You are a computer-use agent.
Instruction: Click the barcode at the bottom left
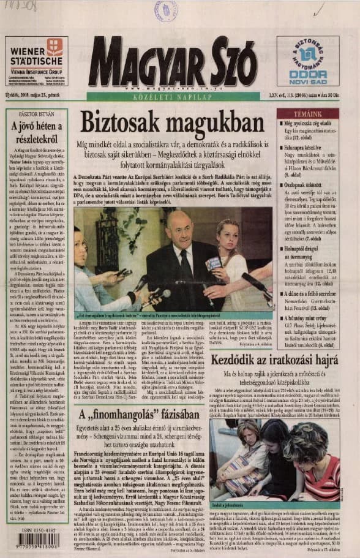click(x=36, y=540)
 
